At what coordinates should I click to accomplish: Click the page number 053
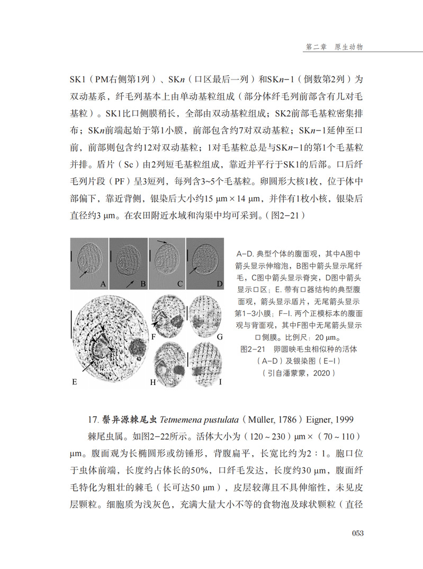pos(358,533)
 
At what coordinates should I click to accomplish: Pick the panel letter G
pos(219,336)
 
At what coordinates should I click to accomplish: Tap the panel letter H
pos(153,381)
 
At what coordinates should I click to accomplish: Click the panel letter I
pos(219,381)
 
